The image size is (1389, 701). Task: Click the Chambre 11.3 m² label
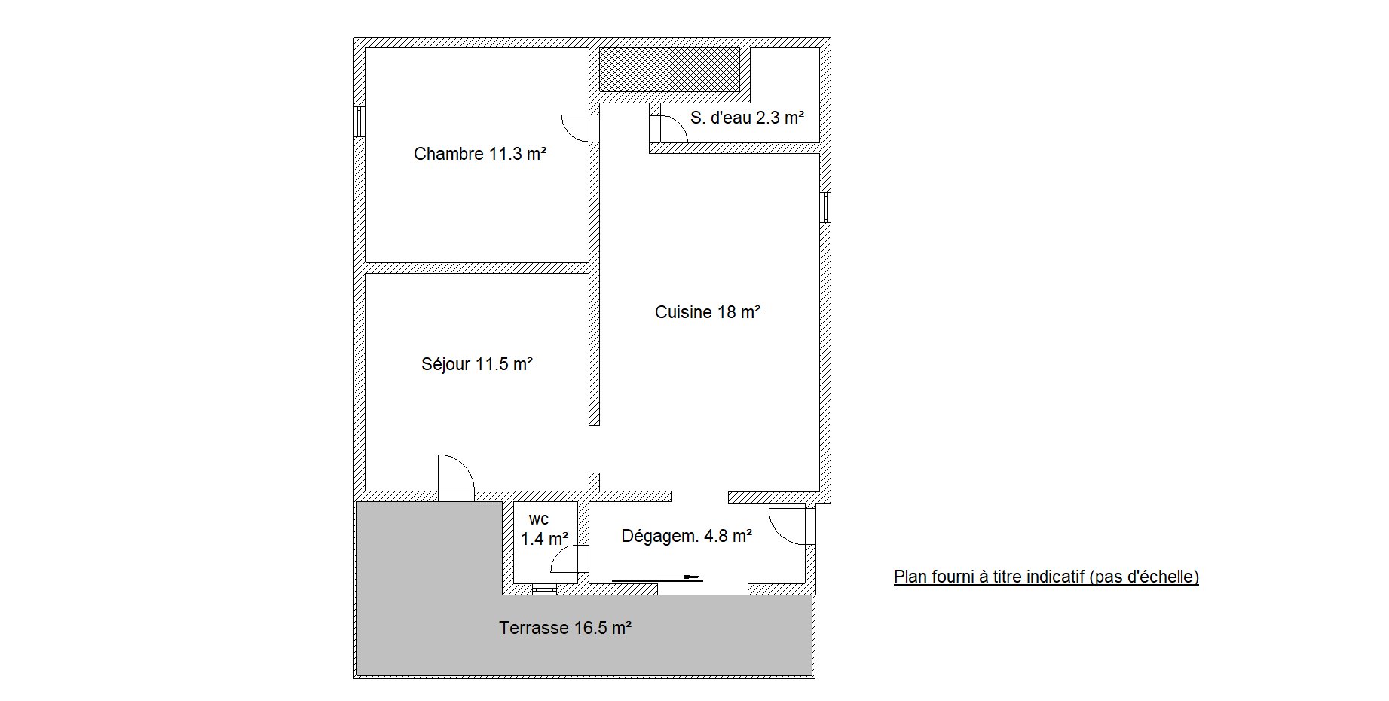click(479, 155)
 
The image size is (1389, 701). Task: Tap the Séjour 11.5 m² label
click(477, 365)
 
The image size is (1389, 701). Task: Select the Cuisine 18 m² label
click(707, 312)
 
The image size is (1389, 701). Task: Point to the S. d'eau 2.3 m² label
click(747, 118)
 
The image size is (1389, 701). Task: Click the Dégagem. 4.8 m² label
click(687, 536)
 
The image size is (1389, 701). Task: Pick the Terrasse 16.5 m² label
click(565, 628)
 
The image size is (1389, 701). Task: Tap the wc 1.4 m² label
click(543, 529)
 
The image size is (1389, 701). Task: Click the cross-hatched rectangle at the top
click(669, 70)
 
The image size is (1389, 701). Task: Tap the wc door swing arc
click(558, 554)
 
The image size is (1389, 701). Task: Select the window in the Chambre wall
click(360, 121)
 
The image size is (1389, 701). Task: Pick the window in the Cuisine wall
click(825, 207)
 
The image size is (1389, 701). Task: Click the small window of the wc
click(544, 589)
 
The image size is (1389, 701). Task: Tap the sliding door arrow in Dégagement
click(657, 579)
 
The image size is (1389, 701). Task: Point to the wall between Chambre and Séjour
click(477, 268)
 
